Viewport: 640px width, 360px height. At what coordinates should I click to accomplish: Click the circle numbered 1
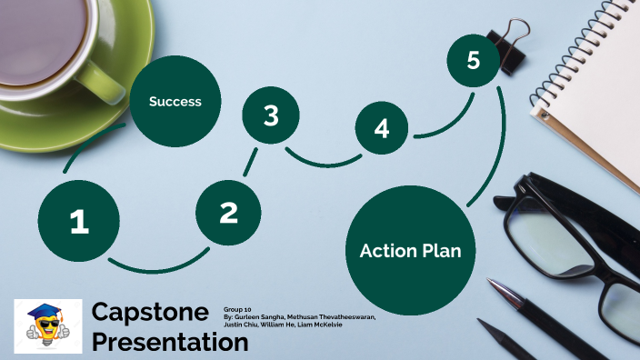click(x=79, y=221)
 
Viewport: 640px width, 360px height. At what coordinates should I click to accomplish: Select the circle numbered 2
click(x=228, y=213)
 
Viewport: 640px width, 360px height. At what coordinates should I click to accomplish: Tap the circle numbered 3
click(x=271, y=115)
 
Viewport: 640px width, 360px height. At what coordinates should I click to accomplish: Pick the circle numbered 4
click(x=382, y=129)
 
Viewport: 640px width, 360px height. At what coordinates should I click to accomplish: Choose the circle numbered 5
click(x=473, y=61)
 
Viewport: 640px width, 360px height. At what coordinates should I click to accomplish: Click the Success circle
click(x=175, y=102)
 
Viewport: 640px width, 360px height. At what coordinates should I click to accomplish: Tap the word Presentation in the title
click(x=170, y=342)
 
